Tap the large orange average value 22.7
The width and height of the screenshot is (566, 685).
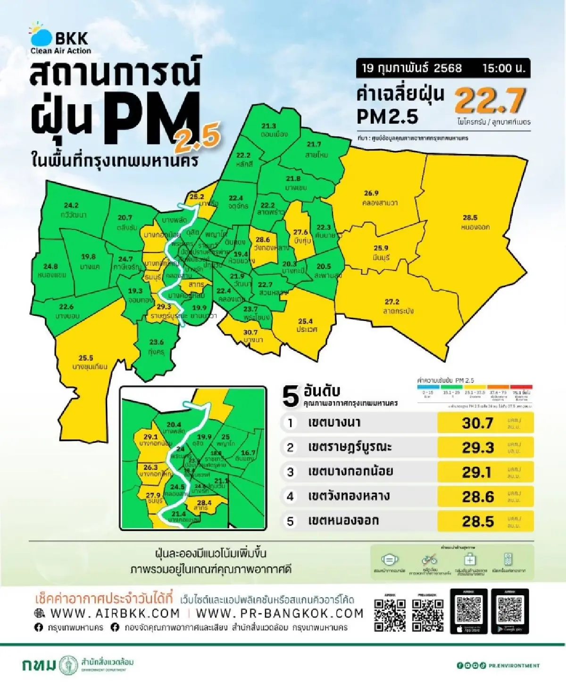490,100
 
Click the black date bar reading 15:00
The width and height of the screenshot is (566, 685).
443,68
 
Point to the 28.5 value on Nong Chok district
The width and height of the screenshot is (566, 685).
470,218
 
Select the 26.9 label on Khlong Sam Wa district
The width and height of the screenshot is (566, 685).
371,193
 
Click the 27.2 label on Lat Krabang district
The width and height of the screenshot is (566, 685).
392,302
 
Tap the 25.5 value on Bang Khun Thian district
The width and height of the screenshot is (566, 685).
86,358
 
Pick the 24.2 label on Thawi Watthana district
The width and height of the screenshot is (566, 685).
71,205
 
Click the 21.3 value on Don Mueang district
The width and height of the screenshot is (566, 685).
269,126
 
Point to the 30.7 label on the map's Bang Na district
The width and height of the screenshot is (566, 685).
250,332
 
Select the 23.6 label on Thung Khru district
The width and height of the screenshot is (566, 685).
157,342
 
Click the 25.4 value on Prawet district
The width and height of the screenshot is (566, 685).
305,321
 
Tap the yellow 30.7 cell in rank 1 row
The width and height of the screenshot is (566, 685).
478,423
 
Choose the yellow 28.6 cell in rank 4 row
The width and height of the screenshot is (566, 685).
478,497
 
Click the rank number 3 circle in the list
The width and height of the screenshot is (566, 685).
291,472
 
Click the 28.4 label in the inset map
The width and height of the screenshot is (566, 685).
204,503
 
